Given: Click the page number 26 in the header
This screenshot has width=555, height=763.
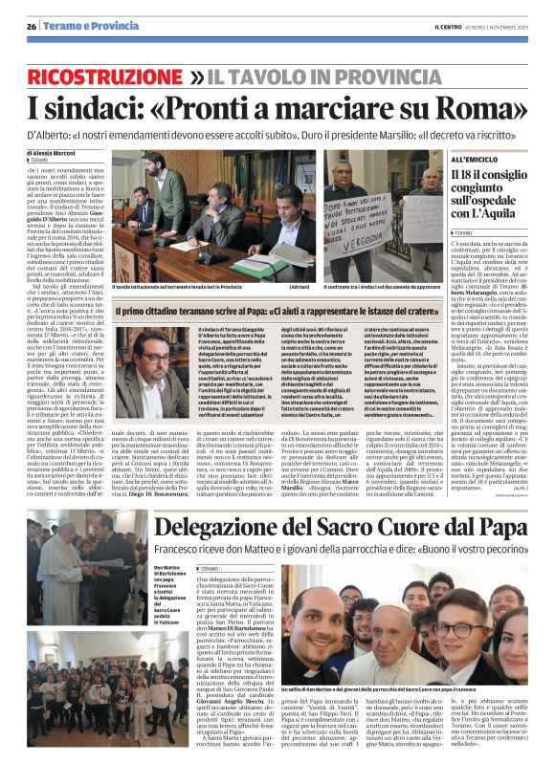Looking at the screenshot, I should click(33, 25).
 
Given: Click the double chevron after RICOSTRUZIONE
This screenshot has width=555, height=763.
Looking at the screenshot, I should click(197, 76).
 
